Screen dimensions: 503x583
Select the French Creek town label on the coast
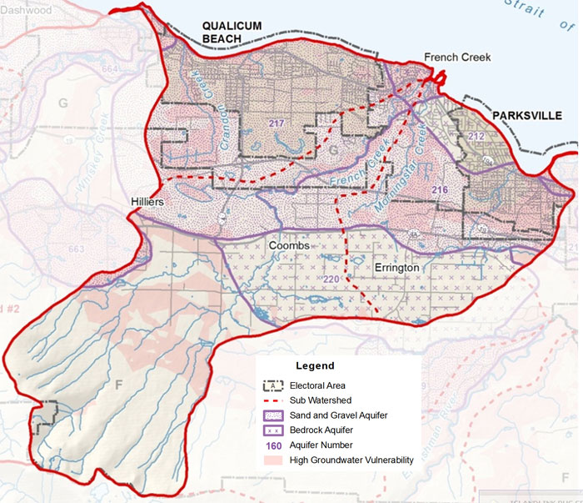coord(457,58)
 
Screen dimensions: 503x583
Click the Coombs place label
coord(289,246)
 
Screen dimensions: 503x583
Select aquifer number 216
coord(440,191)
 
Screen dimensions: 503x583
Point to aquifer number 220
coord(331,278)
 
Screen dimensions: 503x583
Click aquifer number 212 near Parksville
coord(476,135)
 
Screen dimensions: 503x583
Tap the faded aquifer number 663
coord(77,249)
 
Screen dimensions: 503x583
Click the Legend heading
coord(315,365)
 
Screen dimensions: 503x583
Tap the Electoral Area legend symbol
coord(272,385)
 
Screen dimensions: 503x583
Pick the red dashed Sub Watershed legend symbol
coord(272,400)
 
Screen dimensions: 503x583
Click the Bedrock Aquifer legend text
coord(326,430)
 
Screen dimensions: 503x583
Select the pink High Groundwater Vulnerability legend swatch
coord(272,460)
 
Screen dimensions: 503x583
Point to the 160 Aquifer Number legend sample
coord(272,445)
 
